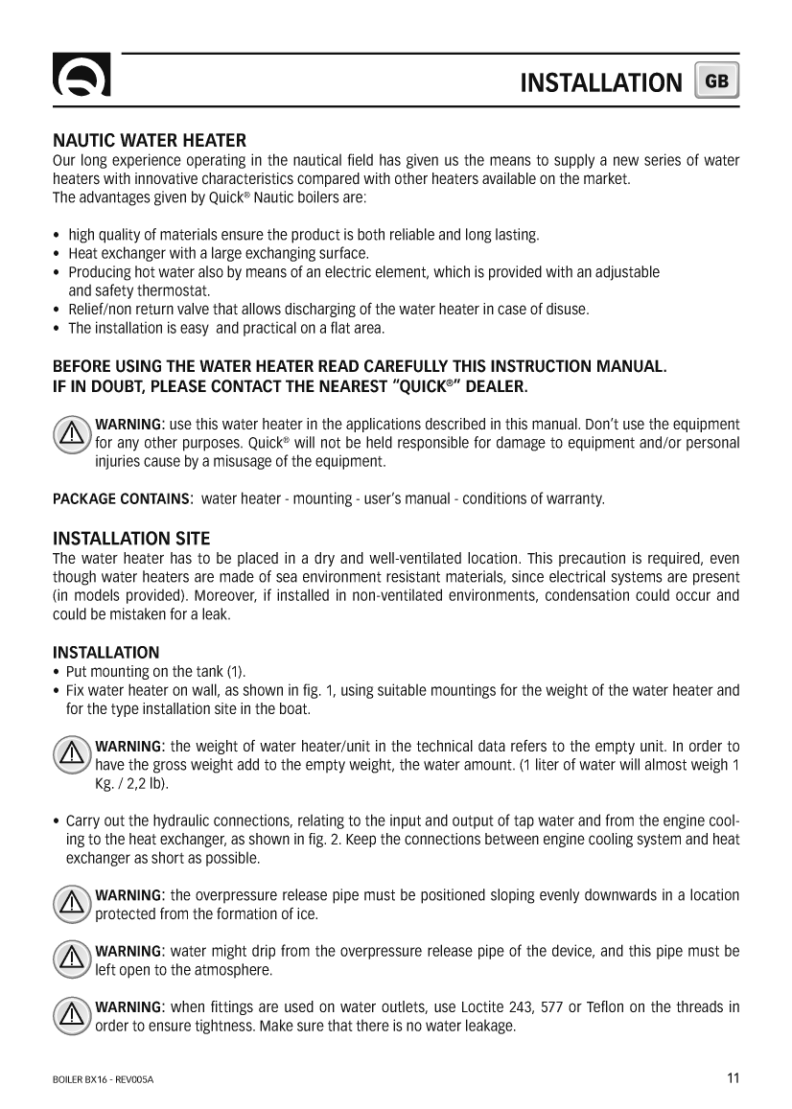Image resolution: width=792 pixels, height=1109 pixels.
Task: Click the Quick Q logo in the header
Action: [81, 80]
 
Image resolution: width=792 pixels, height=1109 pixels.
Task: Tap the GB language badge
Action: [717, 81]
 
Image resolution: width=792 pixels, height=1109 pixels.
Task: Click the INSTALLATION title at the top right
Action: [600, 82]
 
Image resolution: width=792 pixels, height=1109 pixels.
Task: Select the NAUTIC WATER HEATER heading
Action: [149, 141]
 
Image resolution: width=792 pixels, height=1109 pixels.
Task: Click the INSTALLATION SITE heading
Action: [130, 538]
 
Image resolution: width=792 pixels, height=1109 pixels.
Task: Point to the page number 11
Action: [733, 1077]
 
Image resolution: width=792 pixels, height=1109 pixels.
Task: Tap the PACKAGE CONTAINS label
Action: [122, 499]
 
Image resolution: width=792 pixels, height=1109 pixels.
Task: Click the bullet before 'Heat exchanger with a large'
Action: [58, 254]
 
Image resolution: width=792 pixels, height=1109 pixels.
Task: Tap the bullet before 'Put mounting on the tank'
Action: [58, 671]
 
